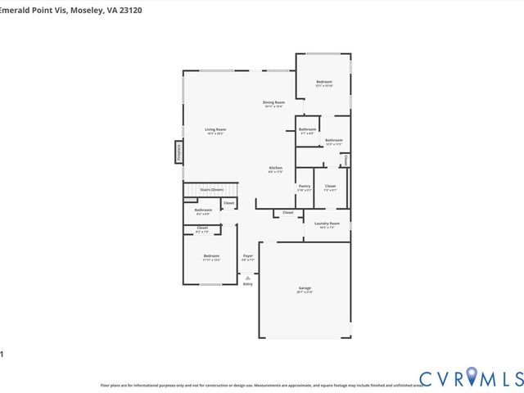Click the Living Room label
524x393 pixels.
coord(215,129)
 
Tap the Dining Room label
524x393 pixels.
coord(273,102)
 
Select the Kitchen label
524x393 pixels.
coord(275,168)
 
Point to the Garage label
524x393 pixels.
coord(305,289)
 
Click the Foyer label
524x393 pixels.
coord(247,256)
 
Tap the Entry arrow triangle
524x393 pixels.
coord(247,277)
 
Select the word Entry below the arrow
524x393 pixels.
coord(247,284)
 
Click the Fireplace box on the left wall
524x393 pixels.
coord(178,152)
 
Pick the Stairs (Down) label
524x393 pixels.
coord(211,189)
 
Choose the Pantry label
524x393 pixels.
coord(305,186)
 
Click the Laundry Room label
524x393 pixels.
coord(327,223)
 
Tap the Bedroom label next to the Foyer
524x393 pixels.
coord(211,256)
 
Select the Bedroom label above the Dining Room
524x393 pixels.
coord(324,82)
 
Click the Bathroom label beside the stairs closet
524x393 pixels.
coord(203,210)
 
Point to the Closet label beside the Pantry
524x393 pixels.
coord(330,186)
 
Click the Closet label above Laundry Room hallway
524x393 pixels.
coord(288,212)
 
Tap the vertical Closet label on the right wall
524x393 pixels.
coord(346,159)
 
